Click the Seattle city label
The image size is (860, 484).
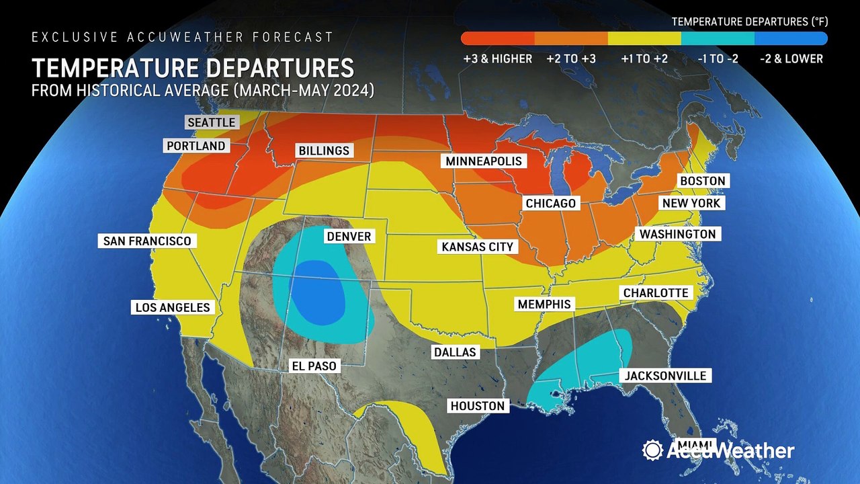click(211, 122)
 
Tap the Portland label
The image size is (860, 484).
click(196, 146)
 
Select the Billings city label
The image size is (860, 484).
click(324, 151)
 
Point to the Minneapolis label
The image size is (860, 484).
click(482, 161)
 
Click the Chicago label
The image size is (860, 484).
click(550, 203)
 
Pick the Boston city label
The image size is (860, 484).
click(702, 181)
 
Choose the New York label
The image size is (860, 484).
click(691, 203)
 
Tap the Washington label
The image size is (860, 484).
click(677, 234)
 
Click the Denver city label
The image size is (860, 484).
click(348, 237)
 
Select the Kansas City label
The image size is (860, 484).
click(477, 247)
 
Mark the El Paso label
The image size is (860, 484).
click(312, 366)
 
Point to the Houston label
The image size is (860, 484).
click(477, 405)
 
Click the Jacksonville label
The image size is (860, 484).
click(665, 376)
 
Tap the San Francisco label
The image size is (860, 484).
click(146, 241)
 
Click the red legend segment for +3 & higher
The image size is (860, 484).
click(497, 38)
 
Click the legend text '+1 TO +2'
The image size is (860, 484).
click(644, 58)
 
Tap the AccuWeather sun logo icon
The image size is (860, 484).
click(652, 450)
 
